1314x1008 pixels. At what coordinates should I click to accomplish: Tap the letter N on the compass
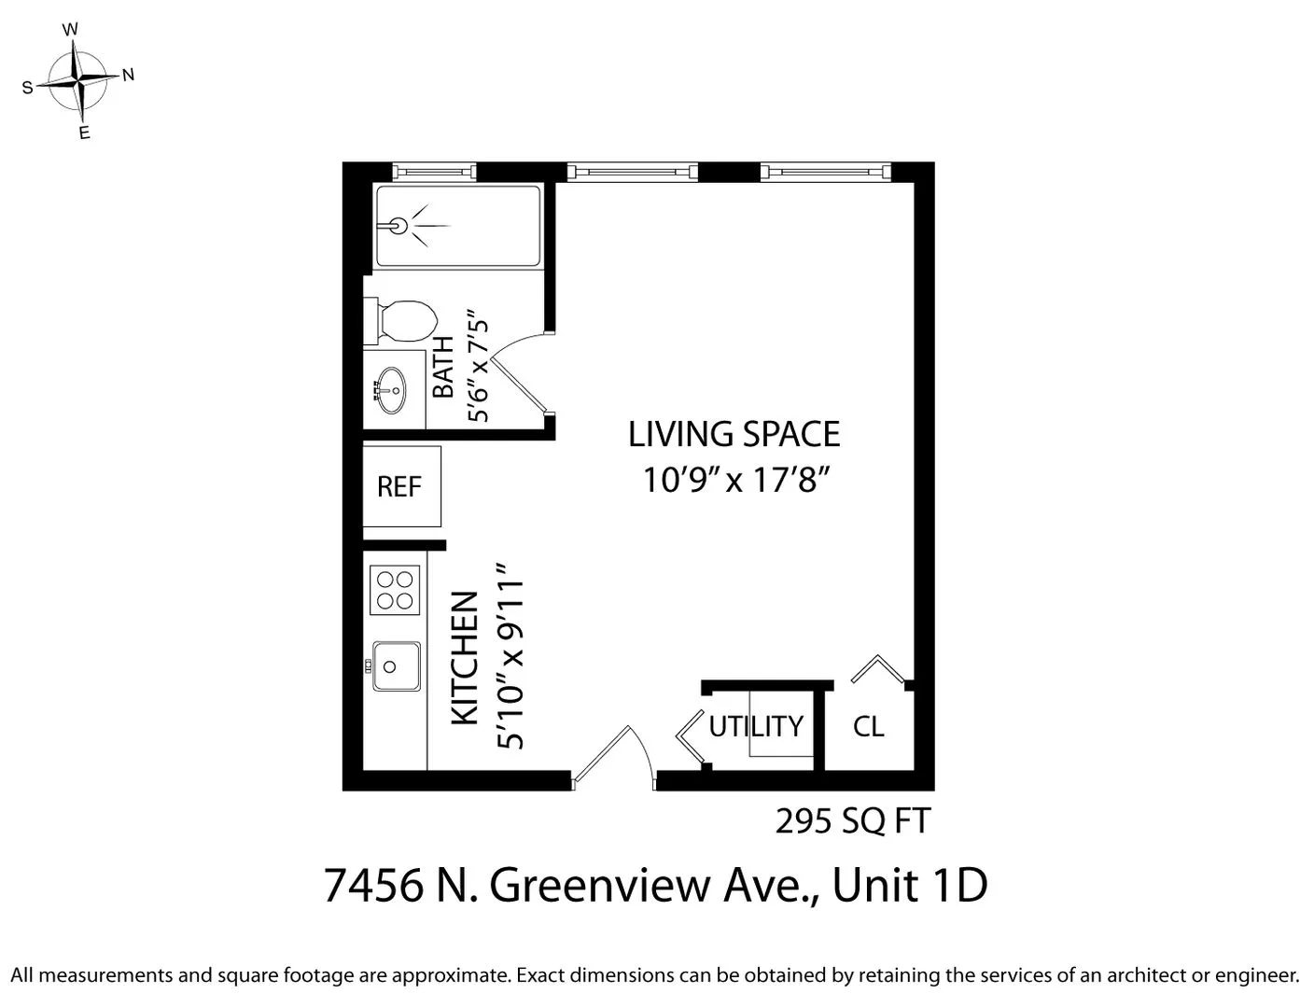pos(129,75)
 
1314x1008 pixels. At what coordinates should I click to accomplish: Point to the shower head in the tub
pos(398,225)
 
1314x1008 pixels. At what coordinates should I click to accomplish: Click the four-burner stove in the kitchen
pos(394,590)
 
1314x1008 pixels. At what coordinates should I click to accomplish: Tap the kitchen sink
pos(396,665)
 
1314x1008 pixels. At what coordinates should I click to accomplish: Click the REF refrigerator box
pos(400,486)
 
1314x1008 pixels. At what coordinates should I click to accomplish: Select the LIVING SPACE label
pos(734,435)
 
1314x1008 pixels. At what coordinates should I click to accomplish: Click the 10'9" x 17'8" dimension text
pos(736,480)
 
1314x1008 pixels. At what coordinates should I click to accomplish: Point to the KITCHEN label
pos(465,657)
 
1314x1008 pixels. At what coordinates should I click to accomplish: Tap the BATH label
pos(443,367)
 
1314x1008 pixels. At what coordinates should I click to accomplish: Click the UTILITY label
pos(756,726)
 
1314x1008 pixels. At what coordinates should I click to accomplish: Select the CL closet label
pos(868,726)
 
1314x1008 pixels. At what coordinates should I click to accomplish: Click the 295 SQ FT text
pos(852,821)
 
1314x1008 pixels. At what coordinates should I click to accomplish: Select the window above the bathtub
pos(434,172)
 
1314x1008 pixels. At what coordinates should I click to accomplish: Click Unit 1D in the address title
pos(909,885)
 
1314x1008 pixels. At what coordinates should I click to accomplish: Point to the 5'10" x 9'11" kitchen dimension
pos(511,657)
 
